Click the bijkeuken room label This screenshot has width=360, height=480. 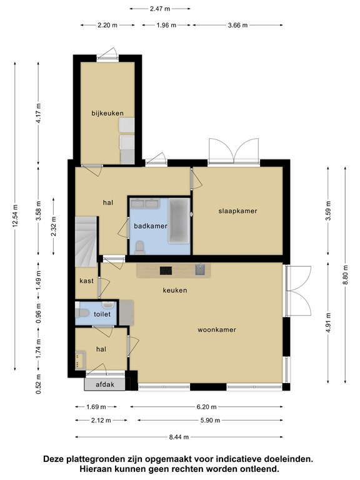point(107,113)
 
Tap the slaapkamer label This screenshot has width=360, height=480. point(237,211)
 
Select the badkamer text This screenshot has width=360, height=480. point(151,226)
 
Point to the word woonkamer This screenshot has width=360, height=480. point(217,330)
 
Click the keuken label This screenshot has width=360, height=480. point(175,290)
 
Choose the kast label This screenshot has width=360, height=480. point(87,281)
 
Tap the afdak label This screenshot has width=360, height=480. point(105,384)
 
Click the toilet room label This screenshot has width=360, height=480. point(102,314)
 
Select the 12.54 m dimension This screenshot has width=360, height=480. point(15,216)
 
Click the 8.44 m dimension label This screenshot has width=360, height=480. point(179,437)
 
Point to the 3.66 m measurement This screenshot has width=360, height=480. point(237,26)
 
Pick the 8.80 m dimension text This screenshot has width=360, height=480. point(345,274)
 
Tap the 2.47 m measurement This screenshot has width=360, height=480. point(160,9)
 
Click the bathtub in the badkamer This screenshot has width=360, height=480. point(179,221)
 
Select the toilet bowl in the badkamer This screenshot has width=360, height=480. point(140,247)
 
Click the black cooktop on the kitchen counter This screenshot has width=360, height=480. point(166,271)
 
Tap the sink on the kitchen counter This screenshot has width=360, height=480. point(200,270)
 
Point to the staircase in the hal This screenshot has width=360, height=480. point(86,241)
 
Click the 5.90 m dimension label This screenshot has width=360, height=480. point(210,421)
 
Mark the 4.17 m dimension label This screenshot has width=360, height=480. point(38,113)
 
